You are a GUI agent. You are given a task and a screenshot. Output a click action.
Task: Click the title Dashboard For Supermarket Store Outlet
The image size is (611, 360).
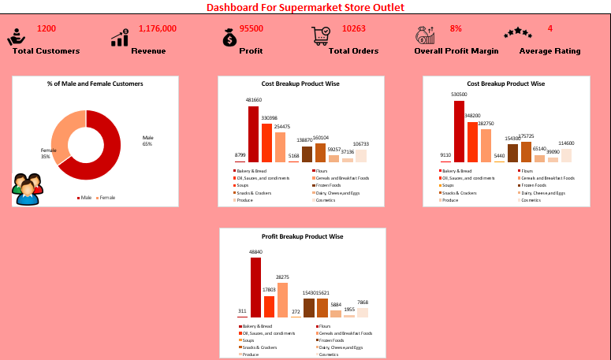(x=305, y=7)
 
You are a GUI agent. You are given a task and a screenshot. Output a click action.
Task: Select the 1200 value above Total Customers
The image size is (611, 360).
(x=47, y=28)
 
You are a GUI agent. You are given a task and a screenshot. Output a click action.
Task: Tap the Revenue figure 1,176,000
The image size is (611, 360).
(x=158, y=28)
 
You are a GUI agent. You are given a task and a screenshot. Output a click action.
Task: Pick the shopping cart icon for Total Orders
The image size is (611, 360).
(x=321, y=35)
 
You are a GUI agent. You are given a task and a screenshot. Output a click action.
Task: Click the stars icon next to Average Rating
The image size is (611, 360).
(x=518, y=33)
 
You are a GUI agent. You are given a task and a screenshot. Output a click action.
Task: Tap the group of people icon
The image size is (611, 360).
(x=28, y=189)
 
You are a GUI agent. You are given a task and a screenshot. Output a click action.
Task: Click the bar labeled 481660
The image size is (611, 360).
(x=254, y=134)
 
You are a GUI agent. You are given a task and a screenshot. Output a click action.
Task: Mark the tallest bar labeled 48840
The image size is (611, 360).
(x=255, y=288)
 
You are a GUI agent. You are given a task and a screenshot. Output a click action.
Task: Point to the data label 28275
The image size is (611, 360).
(x=282, y=277)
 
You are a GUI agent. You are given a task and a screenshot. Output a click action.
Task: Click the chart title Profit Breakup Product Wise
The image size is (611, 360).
(x=301, y=236)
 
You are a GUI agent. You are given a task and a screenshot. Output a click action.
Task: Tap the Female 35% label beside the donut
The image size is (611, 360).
(x=49, y=153)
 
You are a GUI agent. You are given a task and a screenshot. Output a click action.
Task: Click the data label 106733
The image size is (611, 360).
(x=360, y=144)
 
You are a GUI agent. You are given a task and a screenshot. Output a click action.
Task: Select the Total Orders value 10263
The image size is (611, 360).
(x=354, y=28)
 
